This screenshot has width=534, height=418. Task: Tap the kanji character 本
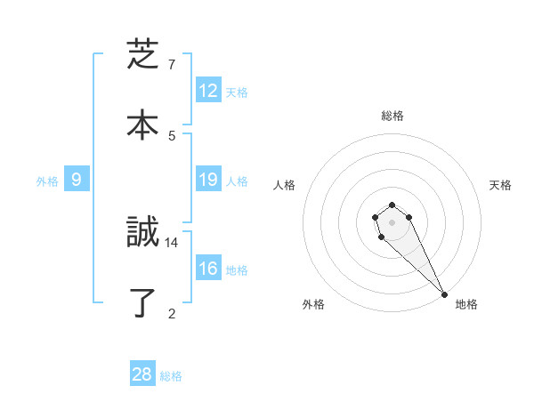coord(142,125)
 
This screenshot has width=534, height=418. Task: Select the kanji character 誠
coord(142,234)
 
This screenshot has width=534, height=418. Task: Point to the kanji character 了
coord(142,303)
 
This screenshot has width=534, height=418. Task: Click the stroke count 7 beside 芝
coord(172,65)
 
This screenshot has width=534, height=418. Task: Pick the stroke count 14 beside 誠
coord(172,242)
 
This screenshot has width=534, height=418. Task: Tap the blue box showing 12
coord(208,91)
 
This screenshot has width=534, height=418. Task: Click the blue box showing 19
coord(208,180)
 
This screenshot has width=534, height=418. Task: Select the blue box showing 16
coord(208,269)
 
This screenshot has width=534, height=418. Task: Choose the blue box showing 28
coord(142,374)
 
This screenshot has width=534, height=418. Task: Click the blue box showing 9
coord(77,180)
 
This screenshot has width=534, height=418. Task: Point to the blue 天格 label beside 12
coord(237,92)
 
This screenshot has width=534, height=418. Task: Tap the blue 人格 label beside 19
coord(237,181)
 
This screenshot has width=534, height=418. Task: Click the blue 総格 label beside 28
coord(171,376)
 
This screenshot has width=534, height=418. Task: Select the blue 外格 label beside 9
coord(47,181)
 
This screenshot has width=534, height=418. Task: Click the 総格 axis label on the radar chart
coord(392,116)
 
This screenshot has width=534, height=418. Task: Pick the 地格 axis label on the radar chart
coord(466,304)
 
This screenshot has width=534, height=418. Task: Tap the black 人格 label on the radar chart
coord(285,185)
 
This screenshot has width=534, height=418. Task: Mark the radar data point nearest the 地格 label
coord(444,294)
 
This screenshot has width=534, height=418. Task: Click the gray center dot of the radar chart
coord(392,222)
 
